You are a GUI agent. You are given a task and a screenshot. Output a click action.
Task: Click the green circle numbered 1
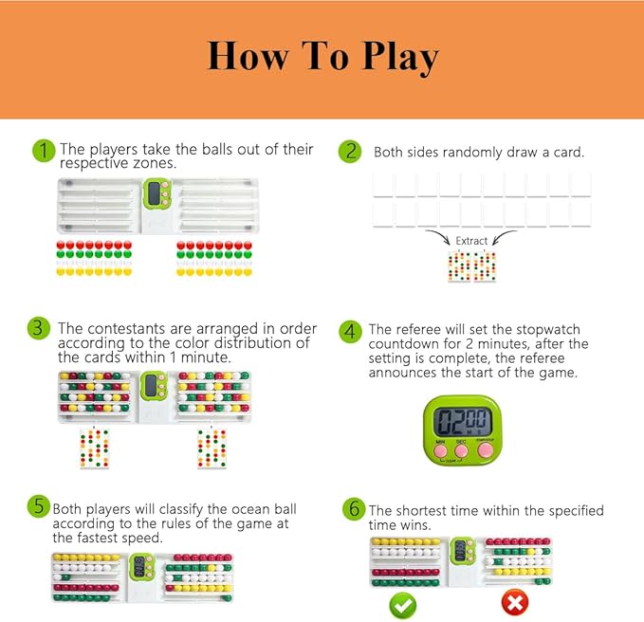[x=44, y=151]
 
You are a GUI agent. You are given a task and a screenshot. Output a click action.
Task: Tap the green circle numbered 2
[x=350, y=151]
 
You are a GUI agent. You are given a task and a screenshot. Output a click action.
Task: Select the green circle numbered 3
[x=38, y=328]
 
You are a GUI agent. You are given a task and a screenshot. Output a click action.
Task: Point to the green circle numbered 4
[x=350, y=331]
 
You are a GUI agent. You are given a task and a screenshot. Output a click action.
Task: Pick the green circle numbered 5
[x=39, y=505]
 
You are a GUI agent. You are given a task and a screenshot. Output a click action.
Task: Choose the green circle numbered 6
[x=354, y=509]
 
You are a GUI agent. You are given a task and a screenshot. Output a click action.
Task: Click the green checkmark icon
[x=403, y=605]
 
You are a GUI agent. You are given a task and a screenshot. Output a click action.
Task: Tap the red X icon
[x=515, y=603]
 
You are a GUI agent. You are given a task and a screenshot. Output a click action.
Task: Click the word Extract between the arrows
[x=471, y=241]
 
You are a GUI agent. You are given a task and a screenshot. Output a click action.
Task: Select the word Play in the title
[x=400, y=58]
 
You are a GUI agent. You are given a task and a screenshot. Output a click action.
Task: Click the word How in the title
[x=248, y=55]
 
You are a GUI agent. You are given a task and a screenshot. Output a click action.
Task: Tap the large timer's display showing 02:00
[x=463, y=422]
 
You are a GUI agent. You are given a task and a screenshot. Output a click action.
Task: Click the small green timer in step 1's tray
[x=156, y=192]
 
